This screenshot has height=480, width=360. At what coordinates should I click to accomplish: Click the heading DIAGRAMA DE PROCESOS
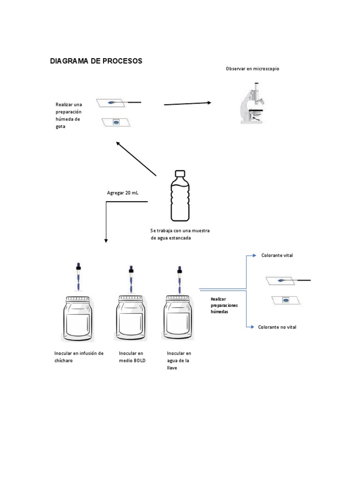(x=96, y=61)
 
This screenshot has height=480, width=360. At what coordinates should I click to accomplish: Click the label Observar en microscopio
(x=252, y=69)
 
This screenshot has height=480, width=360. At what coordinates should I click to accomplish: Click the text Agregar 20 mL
(x=123, y=193)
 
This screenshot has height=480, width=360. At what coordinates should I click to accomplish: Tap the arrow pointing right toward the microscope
(x=187, y=104)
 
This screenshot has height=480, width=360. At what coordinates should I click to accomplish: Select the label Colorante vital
(x=277, y=255)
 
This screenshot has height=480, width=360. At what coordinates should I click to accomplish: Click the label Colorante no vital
(x=277, y=327)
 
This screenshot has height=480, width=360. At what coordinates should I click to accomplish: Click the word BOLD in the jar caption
(x=139, y=361)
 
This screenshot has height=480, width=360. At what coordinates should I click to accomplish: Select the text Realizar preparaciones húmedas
(x=224, y=305)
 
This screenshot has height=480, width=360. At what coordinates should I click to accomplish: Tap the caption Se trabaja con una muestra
(x=180, y=231)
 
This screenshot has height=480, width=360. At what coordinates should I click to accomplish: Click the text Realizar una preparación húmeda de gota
(x=68, y=115)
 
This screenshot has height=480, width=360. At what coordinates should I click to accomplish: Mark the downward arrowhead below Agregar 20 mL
(x=106, y=240)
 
